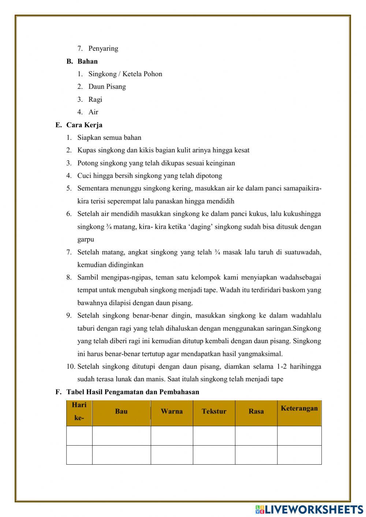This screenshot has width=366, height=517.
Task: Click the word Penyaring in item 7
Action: point(103,48)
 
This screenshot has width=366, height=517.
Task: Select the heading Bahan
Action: point(87,61)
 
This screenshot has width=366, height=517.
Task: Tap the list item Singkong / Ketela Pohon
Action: point(125,74)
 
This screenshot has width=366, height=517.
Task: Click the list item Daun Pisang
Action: point(107,87)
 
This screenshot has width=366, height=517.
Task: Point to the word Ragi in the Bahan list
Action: point(95,100)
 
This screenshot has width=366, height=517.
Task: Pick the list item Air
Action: point(93,112)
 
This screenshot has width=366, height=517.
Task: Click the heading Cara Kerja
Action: point(84,125)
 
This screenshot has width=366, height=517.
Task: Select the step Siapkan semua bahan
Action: point(109,138)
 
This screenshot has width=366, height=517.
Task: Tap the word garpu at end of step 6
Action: point(86,239)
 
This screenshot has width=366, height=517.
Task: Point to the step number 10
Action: point(71,366)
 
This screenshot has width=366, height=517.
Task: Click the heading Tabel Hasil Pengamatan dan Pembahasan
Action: point(132,392)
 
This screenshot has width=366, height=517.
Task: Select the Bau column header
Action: point(121,411)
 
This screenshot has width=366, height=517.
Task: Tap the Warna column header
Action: point(172,411)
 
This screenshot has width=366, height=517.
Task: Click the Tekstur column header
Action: point(214,411)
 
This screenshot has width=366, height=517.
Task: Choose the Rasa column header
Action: point(256,411)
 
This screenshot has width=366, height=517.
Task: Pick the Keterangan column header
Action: point(299,408)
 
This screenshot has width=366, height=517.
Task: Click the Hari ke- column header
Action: point(79,411)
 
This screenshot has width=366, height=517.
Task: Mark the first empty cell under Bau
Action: point(121,435)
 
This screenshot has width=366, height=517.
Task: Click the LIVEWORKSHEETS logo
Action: point(309,509)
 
